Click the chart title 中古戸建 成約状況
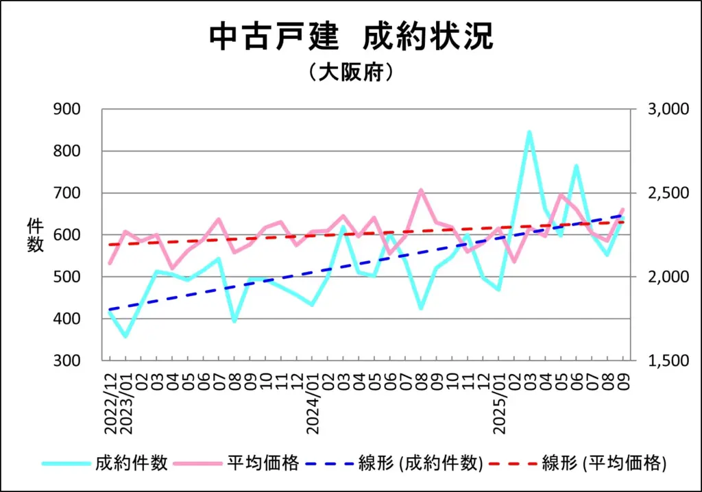point(351,37)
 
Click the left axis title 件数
point(36,235)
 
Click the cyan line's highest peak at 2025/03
point(529,132)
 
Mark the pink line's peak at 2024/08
point(421,190)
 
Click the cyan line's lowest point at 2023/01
point(125,336)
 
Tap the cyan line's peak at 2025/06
point(576,166)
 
